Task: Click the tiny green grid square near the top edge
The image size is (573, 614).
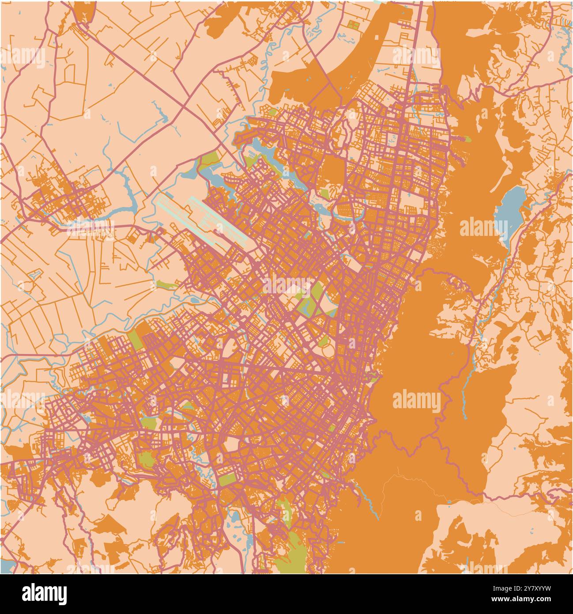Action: (x=353, y=24)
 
